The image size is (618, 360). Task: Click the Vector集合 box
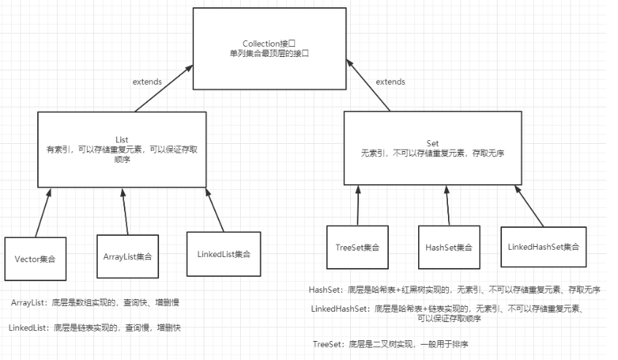tap(35, 258)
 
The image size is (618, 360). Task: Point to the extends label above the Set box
tap(390, 82)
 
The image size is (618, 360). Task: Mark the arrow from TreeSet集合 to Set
tap(358, 205)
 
